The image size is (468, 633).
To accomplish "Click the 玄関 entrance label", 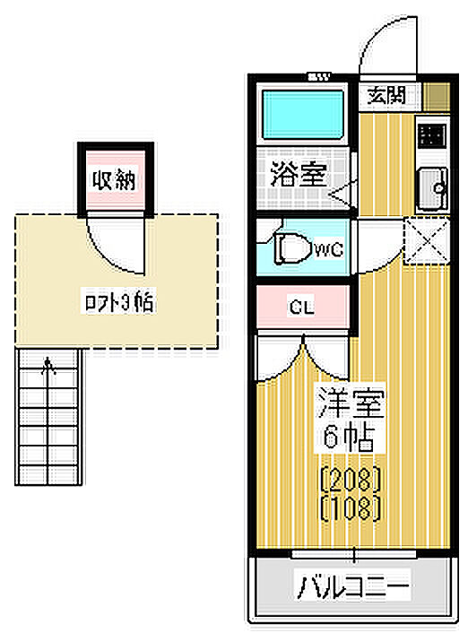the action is [x=386, y=96].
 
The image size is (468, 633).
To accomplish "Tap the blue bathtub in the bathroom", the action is [x=303, y=114].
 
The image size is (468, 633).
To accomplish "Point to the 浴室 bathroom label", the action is [x=298, y=175].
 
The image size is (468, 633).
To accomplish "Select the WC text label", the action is [x=329, y=250].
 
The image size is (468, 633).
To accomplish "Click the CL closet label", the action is [x=301, y=308].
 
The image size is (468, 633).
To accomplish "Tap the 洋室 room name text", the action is [x=350, y=403].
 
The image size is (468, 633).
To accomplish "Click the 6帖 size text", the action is [x=349, y=438].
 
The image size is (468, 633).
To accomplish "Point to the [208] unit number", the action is [x=351, y=479].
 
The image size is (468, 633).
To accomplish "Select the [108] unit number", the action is [x=351, y=508].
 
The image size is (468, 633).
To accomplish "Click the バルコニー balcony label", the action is [x=353, y=585].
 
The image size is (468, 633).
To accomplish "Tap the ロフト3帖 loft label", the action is [x=118, y=301].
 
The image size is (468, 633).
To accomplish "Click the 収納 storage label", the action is [x=114, y=180].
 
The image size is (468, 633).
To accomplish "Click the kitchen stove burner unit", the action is [x=431, y=134].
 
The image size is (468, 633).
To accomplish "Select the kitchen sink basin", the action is [x=432, y=188].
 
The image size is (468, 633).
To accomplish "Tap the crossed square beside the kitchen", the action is [x=427, y=240].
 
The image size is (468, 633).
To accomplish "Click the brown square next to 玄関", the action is [x=437, y=96].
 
